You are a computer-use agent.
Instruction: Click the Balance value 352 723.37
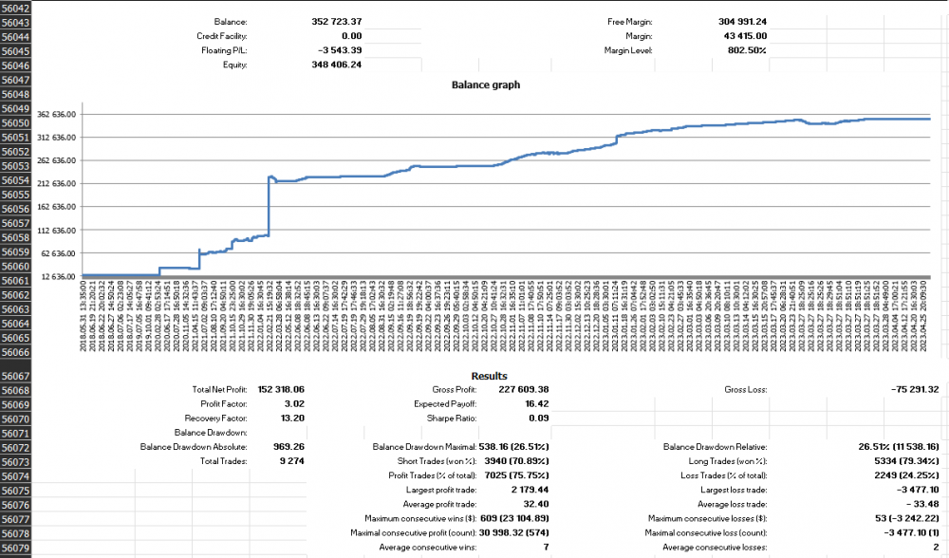click(x=337, y=21)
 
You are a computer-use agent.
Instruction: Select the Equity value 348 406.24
click(x=337, y=65)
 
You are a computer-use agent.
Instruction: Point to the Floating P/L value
click(x=339, y=50)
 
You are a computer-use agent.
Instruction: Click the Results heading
click(x=489, y=376)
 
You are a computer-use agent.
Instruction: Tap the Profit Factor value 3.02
click(x=290, y=404)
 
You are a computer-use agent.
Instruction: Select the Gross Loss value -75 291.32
click(x=907, y=390)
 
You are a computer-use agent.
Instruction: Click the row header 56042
click(x=16, y=8)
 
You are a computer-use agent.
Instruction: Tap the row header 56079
click(x=16, y=549)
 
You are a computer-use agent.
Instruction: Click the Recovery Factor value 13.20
click(x=288, y=418)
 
